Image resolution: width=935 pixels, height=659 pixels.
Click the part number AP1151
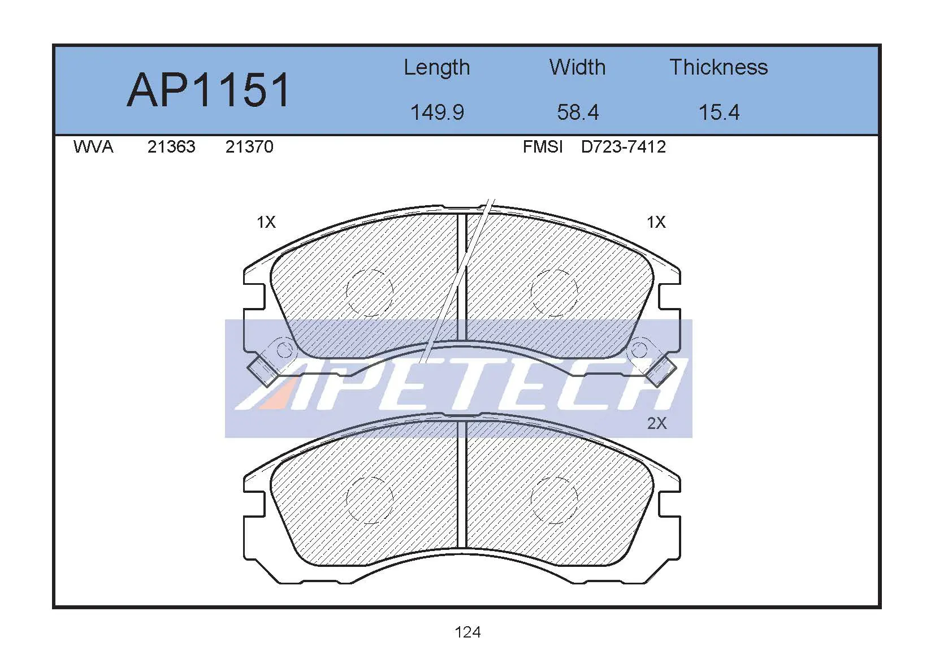208,90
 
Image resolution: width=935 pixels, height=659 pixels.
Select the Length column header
436,68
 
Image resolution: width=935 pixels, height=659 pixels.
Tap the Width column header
577,67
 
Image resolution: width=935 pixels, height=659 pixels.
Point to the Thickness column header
719,67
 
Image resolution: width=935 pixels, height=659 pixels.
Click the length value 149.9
437,112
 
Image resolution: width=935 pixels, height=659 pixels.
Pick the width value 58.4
578,112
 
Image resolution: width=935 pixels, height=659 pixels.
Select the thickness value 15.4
719,112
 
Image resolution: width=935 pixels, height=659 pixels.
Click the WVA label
93,147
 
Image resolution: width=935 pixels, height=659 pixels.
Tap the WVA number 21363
171,147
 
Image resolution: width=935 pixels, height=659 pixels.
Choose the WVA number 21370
249,147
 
